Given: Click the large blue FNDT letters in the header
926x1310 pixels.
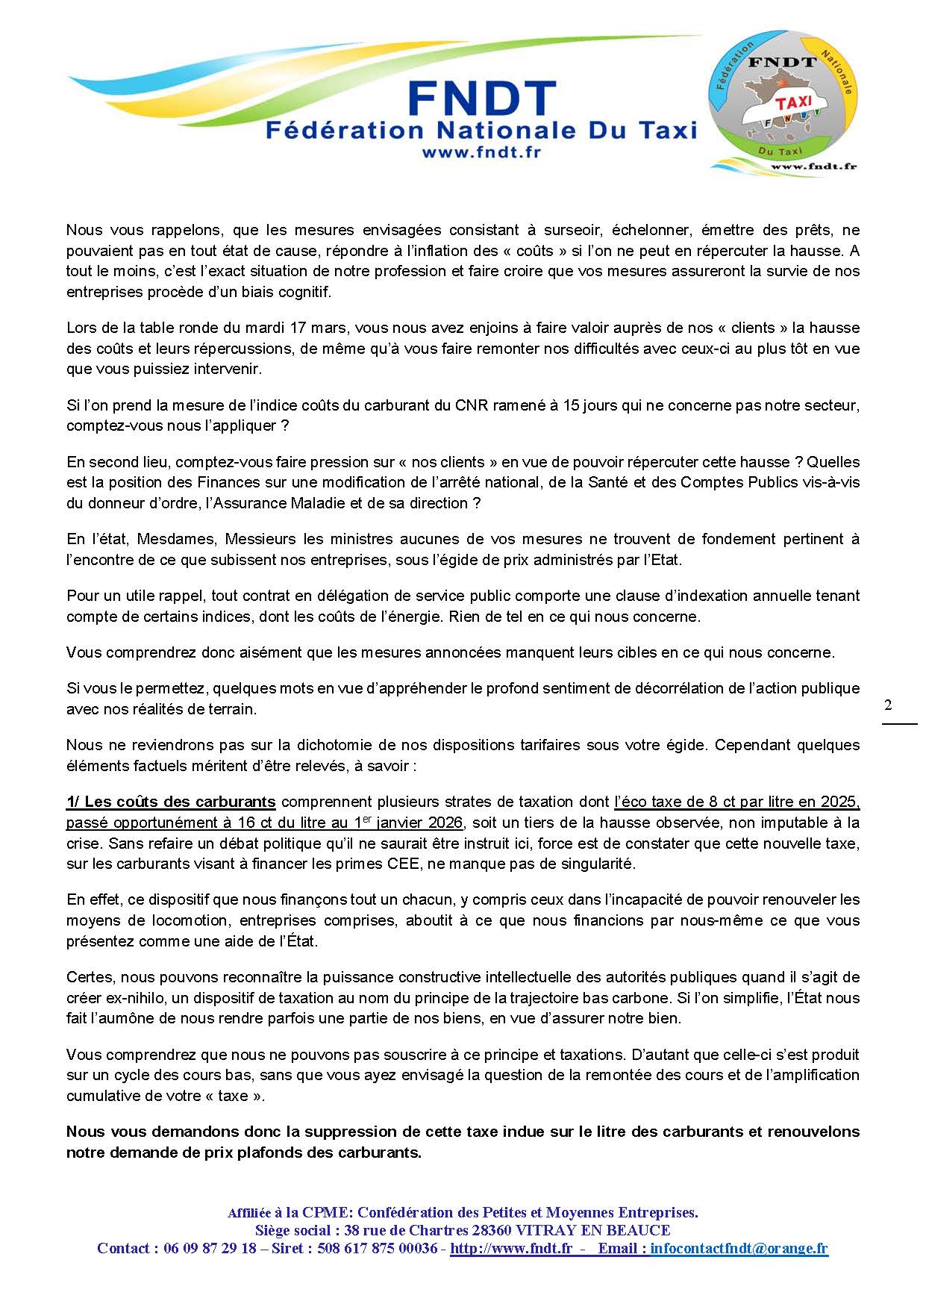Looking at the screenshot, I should pos(482,99).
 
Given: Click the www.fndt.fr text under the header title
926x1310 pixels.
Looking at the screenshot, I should pos(481,152).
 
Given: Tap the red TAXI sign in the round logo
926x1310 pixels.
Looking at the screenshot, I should pos(792,103).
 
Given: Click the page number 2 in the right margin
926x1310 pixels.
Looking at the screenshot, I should pos(888,705).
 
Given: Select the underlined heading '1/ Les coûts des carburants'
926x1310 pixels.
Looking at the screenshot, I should pos(171,802).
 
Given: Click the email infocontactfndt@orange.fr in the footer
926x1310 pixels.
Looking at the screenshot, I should pos(739,1248).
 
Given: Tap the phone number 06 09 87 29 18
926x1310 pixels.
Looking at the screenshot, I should pos(210,1248).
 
